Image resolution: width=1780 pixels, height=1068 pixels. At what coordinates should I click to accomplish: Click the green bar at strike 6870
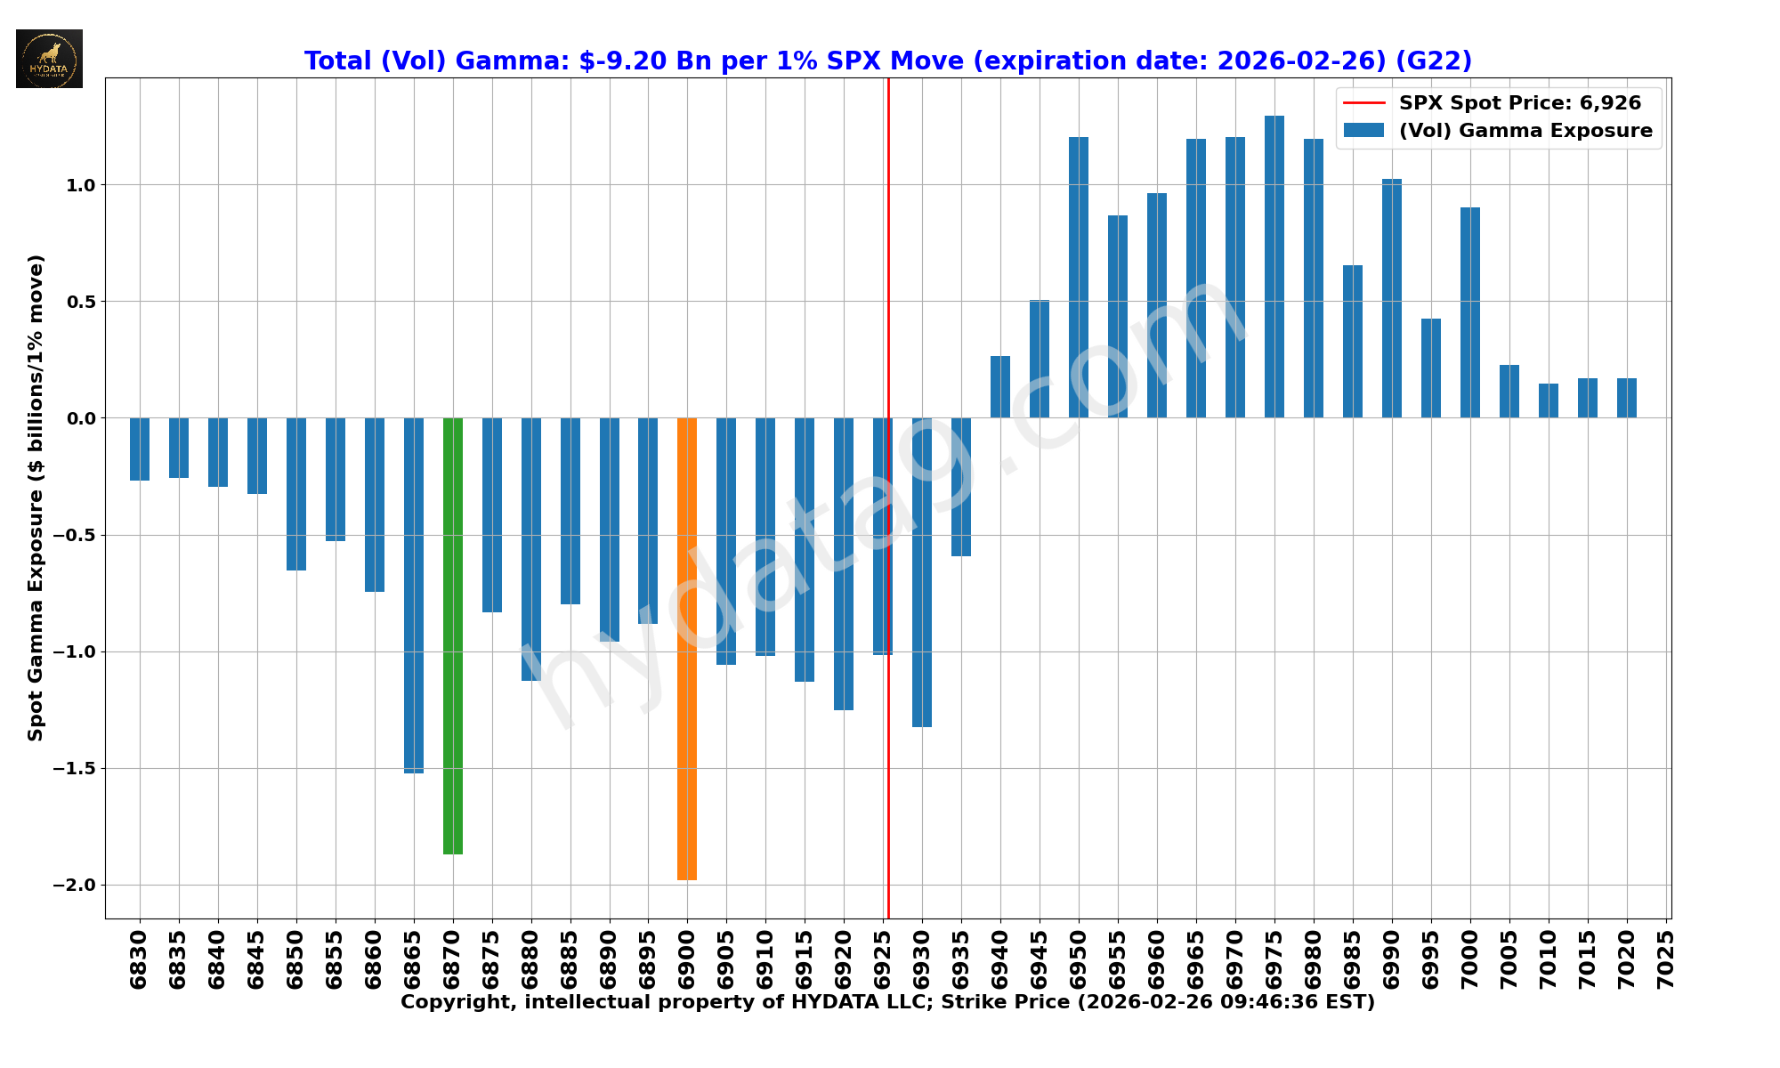453,636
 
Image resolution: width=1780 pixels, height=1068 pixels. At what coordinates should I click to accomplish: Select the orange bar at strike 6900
687,649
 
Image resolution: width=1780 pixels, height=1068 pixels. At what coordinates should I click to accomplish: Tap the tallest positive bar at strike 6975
1274,267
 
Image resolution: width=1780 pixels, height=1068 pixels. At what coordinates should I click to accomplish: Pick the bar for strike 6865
414,595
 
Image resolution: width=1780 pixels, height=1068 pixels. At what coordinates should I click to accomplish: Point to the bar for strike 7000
1470,312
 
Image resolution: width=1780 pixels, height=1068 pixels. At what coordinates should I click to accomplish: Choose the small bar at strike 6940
1000,387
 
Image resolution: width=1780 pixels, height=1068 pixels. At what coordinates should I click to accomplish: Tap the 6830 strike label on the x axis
140,959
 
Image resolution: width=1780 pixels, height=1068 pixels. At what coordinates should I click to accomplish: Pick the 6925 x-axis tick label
884,959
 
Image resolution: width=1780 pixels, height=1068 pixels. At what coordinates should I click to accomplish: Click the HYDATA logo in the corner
49,59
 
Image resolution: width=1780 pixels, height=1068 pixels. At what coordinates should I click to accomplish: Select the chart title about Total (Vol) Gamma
887,61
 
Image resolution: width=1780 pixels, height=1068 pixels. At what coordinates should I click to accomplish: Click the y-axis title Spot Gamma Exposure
36,498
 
